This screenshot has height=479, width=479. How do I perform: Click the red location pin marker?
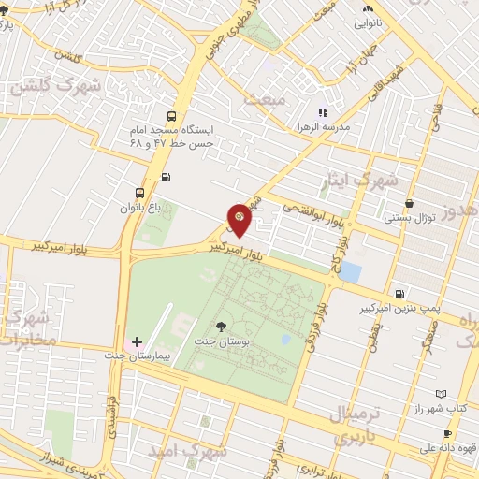coord(239,220)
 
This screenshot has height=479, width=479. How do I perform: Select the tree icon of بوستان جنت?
coord(221,327)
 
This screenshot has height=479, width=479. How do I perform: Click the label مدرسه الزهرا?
coord(322,126)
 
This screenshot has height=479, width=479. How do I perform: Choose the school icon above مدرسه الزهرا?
coord(323,112)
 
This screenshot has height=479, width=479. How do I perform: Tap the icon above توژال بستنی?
coord(409,204)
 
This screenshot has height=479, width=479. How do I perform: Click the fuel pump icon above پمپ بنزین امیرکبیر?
coord(400,293)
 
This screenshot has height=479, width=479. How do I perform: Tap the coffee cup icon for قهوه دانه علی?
coord(447,433)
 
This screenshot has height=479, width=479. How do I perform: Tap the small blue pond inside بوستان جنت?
coord(284,339)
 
